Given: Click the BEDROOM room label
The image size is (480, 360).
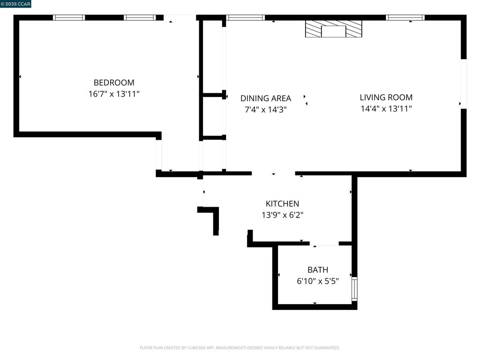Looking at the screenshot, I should [x=114, y=82].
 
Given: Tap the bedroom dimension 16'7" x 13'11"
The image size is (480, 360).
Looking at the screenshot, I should [x=114, y=94].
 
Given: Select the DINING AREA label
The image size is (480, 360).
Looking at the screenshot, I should [x=265, y=98].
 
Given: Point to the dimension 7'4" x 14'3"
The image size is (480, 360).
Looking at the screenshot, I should [x=265, y=110].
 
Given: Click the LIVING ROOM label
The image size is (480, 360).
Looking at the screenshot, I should [x=386, y=97].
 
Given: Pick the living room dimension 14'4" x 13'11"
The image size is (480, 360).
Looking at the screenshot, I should [x=386, y=109].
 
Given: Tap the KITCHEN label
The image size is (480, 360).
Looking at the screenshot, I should [x=282, y=204].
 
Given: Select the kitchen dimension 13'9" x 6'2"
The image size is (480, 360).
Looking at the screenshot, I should [x=282, y=215].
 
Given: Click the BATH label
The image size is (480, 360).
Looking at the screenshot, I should [x=317, y=270].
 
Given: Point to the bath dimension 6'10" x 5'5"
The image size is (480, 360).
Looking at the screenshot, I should [x=317, y=281].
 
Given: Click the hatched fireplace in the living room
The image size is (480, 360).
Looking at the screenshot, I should [x=333, y=29].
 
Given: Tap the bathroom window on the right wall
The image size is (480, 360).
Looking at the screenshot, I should [x=354, y=289].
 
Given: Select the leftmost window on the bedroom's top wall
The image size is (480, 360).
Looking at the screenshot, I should [x=69, y=18].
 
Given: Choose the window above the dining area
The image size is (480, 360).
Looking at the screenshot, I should [x=246, y=18].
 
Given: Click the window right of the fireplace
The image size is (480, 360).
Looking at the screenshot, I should [x=405, y=18].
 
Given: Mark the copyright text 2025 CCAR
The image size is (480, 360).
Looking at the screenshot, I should [x=16, y=4].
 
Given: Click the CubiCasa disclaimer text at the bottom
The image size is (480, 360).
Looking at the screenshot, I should [x=240, y=348].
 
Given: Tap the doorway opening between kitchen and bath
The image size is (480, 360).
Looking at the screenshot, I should [x=324, y=244].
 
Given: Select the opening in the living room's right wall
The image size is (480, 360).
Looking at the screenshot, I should [x=463, y=84].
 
